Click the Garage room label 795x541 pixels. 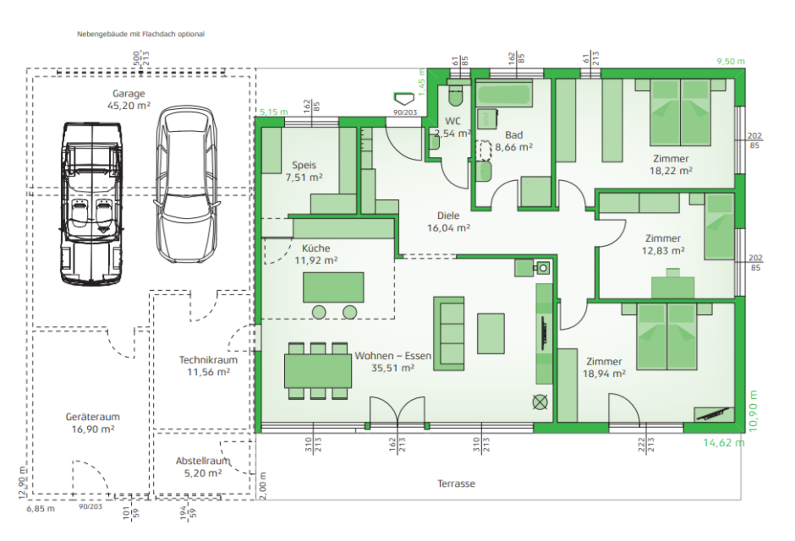128,94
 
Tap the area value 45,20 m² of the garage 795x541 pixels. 128,106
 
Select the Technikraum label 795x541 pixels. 208,360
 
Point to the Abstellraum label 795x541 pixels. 203,461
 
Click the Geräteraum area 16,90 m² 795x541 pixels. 93,429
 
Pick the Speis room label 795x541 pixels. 304,165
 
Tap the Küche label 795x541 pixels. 316,248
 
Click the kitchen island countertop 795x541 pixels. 333,287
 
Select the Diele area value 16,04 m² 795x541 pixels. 448,228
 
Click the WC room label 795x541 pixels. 452,121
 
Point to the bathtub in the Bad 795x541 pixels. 503,94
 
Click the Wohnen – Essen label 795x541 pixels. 392,356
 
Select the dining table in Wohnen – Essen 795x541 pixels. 318,371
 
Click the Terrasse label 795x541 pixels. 456,484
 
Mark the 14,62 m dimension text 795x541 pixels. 723,443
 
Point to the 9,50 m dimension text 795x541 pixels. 730,62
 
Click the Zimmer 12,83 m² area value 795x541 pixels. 663,250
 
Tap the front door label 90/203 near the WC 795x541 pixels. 405,113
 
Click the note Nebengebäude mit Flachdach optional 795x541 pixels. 140,34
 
